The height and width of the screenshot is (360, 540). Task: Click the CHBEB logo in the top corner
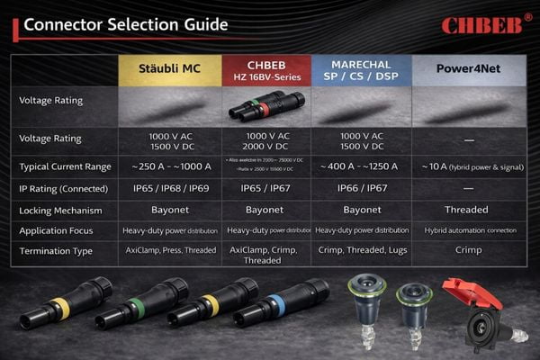480,23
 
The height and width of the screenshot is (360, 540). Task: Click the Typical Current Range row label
65,166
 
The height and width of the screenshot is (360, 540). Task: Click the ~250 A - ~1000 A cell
170,166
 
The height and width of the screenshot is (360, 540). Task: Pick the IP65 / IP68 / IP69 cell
170,188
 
